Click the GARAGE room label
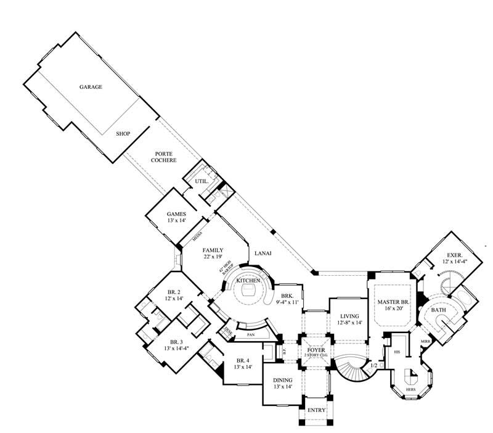pos(91,87)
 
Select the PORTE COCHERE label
pos(165,157)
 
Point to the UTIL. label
pos(201,181)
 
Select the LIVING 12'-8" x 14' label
pos(348,320)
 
